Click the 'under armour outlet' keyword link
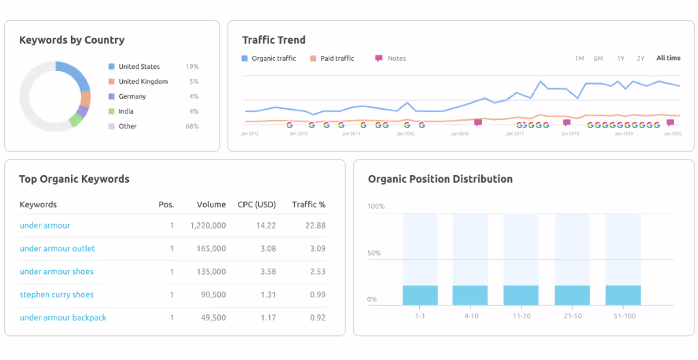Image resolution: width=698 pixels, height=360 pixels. [x=57, y=249]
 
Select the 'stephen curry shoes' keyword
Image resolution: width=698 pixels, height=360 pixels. [x=57, y=295]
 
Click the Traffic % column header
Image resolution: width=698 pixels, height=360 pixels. [x=308, y=205]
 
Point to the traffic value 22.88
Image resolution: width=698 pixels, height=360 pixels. [x=316, y=226]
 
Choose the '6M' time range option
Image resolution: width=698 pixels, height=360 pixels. [x=598, y=59]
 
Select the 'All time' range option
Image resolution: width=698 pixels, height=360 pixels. [x=668, y=59]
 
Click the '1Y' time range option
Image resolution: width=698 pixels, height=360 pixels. [x=620, y=59]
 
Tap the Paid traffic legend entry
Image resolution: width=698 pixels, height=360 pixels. [x=337, y=59]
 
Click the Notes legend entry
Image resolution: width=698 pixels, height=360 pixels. [x=396, y=59]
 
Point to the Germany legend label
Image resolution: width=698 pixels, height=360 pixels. [x=132, y=97]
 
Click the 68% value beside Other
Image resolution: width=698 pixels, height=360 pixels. [x=192, y=127]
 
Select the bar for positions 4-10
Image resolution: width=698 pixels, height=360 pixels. [x=470, y=295]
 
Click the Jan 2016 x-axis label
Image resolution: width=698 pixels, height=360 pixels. [x=459, y=134]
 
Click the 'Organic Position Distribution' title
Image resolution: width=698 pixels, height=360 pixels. [x=440, y=179]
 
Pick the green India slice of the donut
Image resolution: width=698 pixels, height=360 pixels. [x=75, y=120]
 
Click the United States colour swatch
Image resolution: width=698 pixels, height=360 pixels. [x=111, y=67]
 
